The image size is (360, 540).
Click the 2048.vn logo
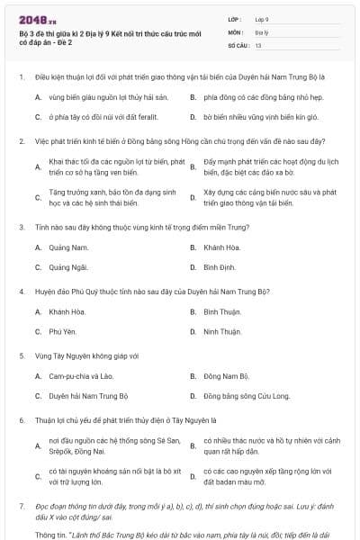(31, 18)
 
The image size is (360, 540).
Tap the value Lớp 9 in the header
(262, 18)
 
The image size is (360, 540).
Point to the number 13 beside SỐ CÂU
(258, 44)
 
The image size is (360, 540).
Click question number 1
(20, 77)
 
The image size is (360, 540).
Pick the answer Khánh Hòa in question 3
(221, 246)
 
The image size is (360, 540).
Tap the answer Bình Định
(220, 267)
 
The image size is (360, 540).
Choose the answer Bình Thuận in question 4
(222, 310)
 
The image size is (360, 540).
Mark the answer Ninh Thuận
(222, 332)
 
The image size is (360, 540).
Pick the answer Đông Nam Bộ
(226, 375)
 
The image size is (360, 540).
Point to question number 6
(20, 419)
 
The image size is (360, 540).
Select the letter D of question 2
(193, 197)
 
